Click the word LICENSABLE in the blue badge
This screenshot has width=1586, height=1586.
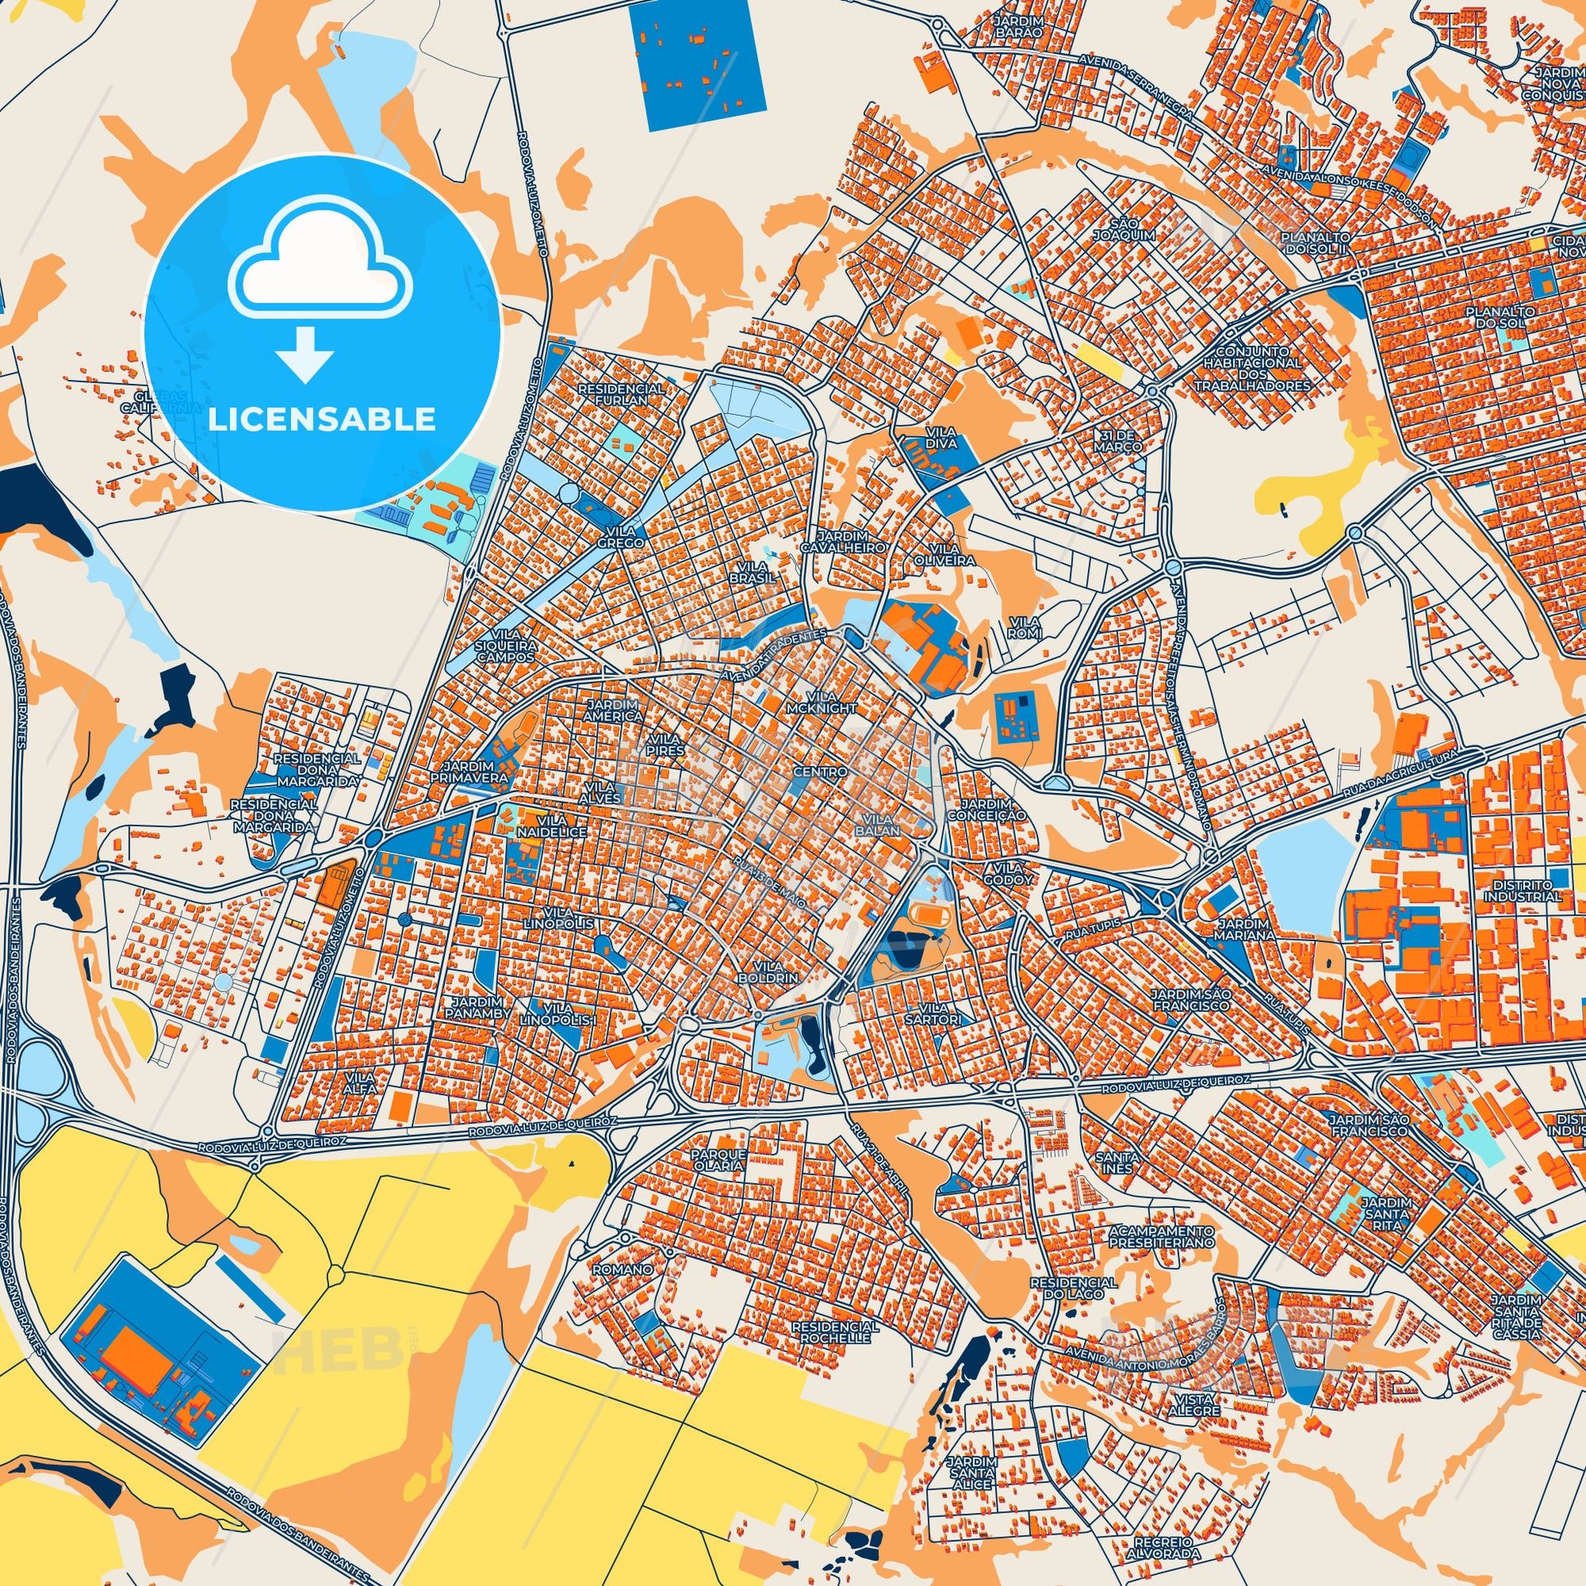[322, 419]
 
